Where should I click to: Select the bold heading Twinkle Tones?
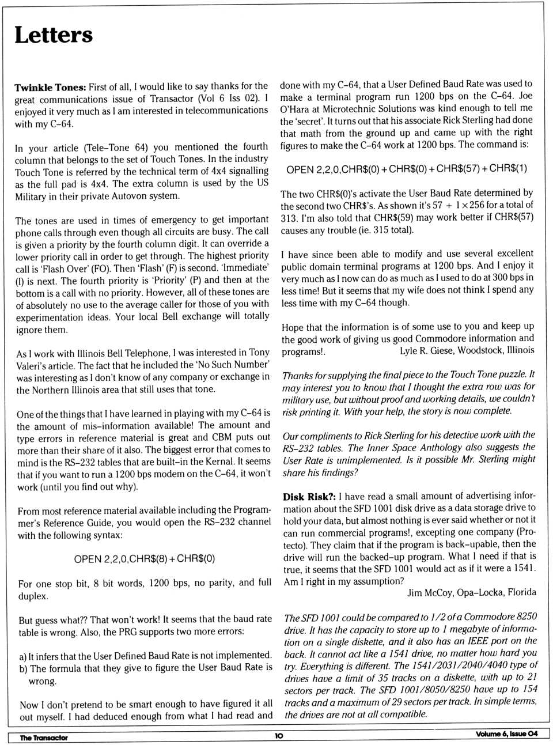(50, 88)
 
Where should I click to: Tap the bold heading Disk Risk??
(309, 496)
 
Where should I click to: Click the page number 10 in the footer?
(279, 735)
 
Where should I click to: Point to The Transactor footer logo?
(44, 738)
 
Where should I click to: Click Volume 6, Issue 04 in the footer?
(506, 733)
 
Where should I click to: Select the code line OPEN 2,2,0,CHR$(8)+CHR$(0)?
(145, 559)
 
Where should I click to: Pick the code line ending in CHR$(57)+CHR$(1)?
(406, 169)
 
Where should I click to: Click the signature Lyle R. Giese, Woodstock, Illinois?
(467, 350)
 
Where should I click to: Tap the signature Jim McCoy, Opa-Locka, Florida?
(471, 592)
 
